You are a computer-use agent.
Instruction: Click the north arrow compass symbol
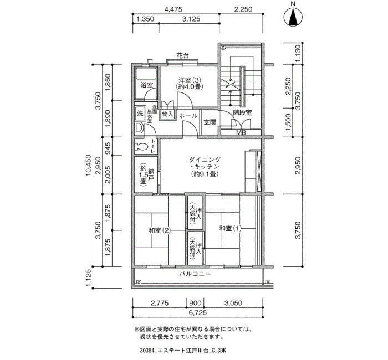(x=293, y=17)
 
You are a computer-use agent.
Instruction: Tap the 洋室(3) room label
(x=190, y=80)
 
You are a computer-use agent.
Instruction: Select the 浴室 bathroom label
(x=146, y=85)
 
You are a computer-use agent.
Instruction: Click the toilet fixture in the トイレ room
(x=141, y=146)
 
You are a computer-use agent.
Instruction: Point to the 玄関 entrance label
(x=210, y=122)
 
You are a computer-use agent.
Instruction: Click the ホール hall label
(x=188, y=116)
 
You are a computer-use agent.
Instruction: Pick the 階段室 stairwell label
(x=242, y=113)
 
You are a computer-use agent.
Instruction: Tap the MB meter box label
(x=241, y=132)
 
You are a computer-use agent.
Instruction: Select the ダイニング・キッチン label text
(x=205, y=163)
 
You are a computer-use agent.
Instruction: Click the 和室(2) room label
(x=160, y=231)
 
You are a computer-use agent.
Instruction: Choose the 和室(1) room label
(x=231, y=228)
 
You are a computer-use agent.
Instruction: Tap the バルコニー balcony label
(x=195, y=274)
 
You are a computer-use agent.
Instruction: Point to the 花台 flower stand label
(x=182, y=55)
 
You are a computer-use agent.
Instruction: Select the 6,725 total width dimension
(x=197, y=313)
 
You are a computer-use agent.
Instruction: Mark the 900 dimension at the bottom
(x=195, y=303)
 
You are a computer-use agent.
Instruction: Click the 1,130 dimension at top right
(x=299, y=53)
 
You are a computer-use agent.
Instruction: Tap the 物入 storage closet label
(x=167, y=114)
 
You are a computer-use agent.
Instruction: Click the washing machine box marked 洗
(x=140, y=114)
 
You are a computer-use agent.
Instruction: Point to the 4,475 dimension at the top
(x=173, y=9)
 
